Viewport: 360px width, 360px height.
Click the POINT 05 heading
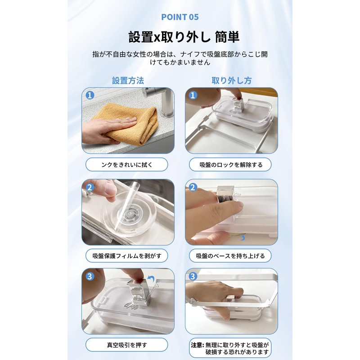[x=180, y=17]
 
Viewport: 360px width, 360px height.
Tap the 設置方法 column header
[x=128, y=81]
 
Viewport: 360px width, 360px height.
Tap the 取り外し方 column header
[x=232, y=81]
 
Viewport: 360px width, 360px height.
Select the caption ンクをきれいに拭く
[x=127, y=164]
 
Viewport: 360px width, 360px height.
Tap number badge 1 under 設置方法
[x=90, y=95]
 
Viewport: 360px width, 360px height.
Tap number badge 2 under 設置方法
[x=90, y=187]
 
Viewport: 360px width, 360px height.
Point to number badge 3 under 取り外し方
[x=193, y=276]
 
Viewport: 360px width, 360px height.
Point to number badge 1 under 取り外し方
[x=193, y=95]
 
